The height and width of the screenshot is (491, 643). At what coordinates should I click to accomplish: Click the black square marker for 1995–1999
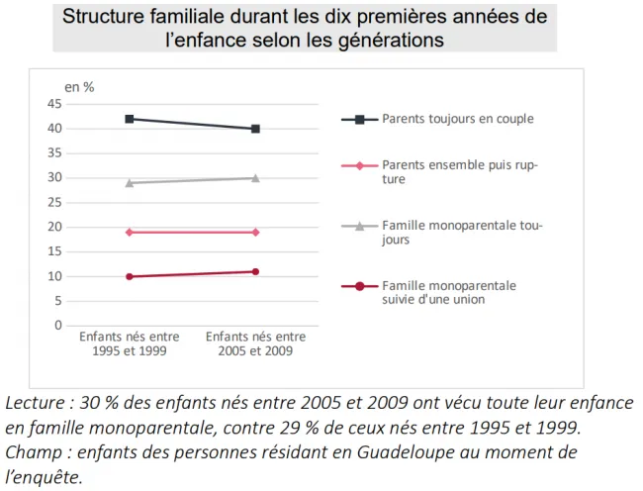130,119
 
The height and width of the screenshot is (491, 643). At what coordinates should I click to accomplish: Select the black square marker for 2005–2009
255,129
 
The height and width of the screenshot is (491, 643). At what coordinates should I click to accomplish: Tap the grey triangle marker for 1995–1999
130,183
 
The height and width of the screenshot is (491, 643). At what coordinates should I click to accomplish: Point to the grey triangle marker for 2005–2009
255,178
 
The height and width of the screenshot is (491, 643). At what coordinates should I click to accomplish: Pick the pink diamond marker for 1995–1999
130,233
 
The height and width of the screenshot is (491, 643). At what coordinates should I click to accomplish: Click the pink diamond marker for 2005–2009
255,233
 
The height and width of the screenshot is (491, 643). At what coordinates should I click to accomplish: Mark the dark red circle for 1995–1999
130,276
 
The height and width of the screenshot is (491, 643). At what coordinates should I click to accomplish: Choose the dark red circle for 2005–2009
255,271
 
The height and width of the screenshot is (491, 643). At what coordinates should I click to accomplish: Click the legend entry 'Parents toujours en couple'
458,119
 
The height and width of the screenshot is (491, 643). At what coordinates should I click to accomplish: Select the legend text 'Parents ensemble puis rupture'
460,172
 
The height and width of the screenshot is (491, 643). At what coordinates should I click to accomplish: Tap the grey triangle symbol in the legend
360,226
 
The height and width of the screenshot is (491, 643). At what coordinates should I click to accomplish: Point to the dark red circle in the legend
360,286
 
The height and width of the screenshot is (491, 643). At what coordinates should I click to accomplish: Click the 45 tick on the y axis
54,104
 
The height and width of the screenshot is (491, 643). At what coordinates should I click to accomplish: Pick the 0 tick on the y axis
57,326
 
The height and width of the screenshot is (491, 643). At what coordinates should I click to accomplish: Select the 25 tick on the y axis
54,203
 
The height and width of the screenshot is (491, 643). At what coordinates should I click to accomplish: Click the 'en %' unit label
79,87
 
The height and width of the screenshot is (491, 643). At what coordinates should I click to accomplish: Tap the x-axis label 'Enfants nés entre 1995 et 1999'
130,344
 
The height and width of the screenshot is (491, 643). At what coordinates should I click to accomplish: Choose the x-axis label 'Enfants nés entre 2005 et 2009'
255,344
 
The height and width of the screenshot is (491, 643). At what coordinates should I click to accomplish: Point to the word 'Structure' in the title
103,17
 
